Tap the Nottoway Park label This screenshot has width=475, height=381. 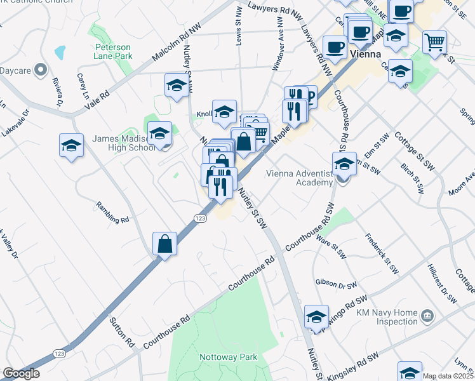pyautogui.click(x=229, y=357)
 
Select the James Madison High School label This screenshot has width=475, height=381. pyautogui.click(x=123, y=144)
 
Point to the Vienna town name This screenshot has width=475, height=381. pyautogui.click(x=366, y=54)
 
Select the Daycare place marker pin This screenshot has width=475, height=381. pyautogui.click(x=41, y=69)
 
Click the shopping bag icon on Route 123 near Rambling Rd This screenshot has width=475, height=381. pyautogui.click(x=164, y=244)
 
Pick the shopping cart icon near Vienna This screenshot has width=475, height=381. pyautogui.click(x=435, y=43)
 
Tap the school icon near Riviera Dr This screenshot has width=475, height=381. pyautogui.click(x=72, y=145)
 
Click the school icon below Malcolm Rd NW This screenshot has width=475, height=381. pyautogui.click(x=177, y=85)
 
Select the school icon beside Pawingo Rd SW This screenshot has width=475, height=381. pyautogui.click(x=316, y=317)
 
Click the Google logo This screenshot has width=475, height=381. pyautogui.click(x=21, y=373)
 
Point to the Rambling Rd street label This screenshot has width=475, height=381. pyautogui.click(x=112, y=212)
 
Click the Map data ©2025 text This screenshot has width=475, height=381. pyautogui.click(x=448, y=376)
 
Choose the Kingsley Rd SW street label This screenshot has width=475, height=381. pyautogui.click(x=362, y=355)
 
